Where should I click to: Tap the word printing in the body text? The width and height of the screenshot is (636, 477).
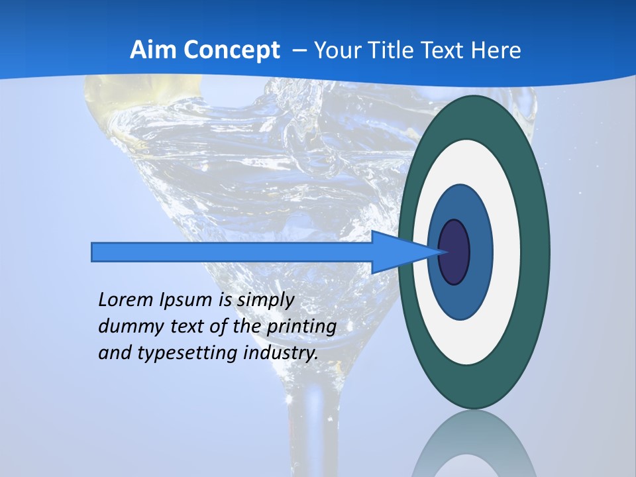[x=301, y=327]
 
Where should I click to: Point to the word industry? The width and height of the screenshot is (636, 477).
[x=281, y=353]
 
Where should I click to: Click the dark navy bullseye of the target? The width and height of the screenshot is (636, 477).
[x=454, y=252]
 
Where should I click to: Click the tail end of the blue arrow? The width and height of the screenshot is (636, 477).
[x=95, y=252]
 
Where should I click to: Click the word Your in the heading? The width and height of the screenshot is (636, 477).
[x=335, y=50]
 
